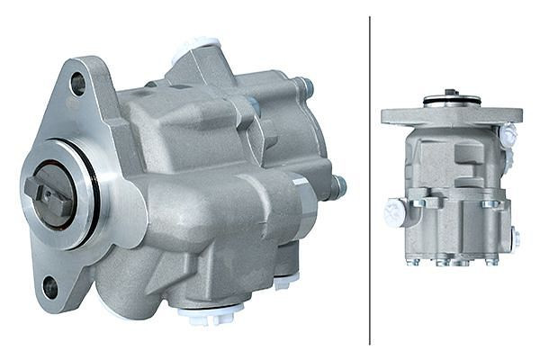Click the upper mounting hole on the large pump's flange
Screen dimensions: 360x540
[78, 84]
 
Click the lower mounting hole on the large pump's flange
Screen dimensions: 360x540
[50, 287]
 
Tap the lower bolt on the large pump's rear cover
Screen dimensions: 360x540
[337, 187]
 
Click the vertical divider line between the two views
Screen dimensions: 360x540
[370, 180]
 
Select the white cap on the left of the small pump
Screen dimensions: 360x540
[393, 213]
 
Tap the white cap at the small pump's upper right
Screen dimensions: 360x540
[508, 135]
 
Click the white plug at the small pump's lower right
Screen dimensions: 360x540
[516, 239]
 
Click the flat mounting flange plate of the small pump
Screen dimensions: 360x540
[451, 116]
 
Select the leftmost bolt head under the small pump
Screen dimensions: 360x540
[413, 262]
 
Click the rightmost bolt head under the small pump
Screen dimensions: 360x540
[491, 262]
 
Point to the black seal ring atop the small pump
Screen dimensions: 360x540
[451, 101]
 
